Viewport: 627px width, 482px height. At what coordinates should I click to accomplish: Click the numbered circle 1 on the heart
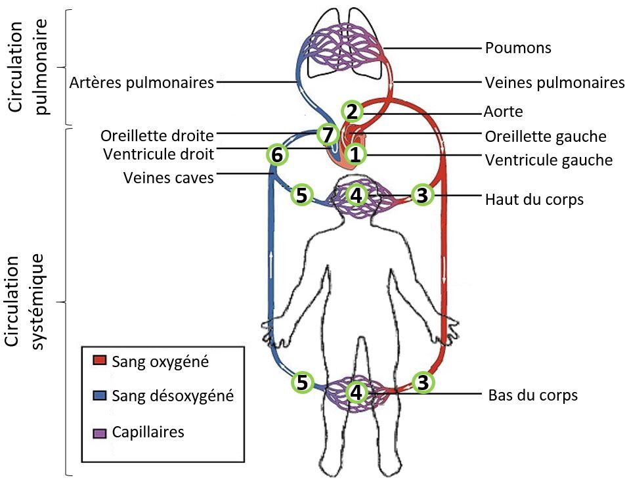pos(355,155)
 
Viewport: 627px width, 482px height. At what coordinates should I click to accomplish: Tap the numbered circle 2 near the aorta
pos(353,111)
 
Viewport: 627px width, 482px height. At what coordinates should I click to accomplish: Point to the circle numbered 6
pos(277,155)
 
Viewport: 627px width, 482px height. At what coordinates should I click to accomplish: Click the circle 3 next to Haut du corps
pos(423,195)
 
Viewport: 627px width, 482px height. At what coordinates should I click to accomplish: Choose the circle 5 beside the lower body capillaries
pos(301,382)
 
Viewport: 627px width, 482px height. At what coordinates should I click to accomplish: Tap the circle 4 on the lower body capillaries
pos(355,392)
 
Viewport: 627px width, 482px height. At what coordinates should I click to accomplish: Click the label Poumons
pos(517,48)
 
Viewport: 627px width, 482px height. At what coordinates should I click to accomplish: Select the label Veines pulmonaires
pos(554,83)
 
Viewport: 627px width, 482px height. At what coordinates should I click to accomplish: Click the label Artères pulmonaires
pos(142,83)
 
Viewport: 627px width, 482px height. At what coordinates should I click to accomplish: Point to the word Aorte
pos(504,112)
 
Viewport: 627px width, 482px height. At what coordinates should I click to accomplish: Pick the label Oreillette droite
pos(158,136)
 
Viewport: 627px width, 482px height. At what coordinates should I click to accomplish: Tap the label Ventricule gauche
pos(548,160)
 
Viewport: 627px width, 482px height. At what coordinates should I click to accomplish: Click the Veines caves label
pos(169,177)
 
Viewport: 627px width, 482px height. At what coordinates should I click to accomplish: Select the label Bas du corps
pos(532,395)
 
